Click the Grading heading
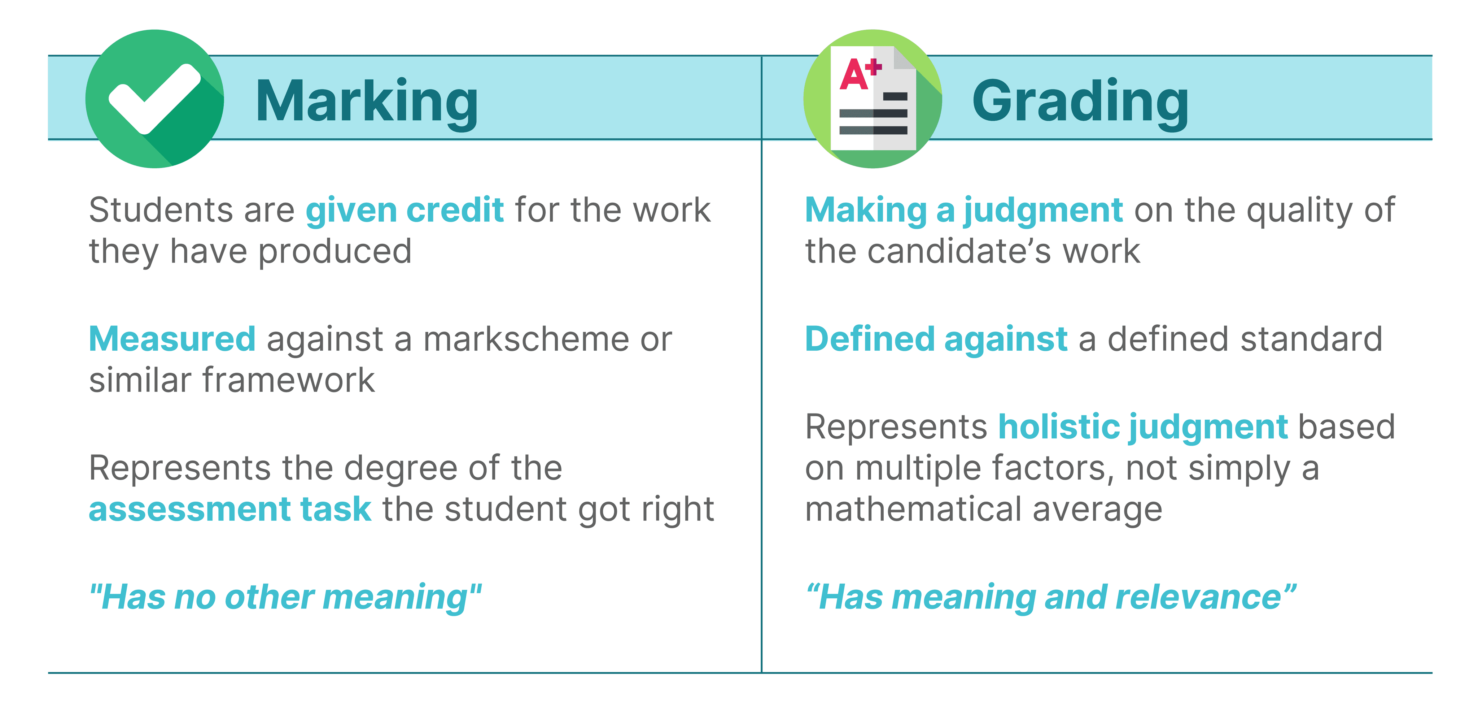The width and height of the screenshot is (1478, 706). pyautogui.click(x=1080, y=101)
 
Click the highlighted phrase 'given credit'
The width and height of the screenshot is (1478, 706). pyautogui.click(x=405, y=210)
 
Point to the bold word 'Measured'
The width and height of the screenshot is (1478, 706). pyautogui.click(x=172, y=339)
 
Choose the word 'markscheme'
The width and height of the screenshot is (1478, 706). pyautogui.click(x=525, y=339)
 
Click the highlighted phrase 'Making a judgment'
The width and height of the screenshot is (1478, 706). pyautogui.click(x=963, y=210)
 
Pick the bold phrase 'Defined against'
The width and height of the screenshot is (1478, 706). pyautogui.click(x=936, y=339)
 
